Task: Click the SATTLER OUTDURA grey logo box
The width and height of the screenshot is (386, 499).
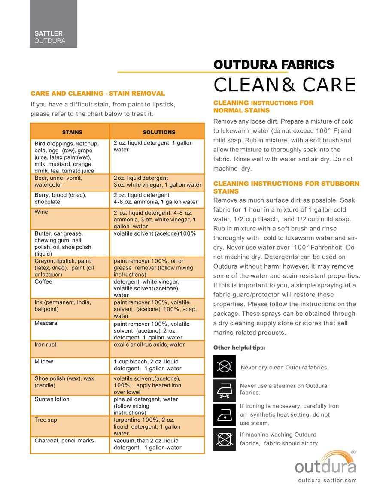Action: tap(53, 24)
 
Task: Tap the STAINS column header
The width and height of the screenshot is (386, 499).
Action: tap(70, 132)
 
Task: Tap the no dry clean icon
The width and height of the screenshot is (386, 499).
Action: tap(224, 366)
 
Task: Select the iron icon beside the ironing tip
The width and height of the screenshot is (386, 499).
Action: tap(224, 415)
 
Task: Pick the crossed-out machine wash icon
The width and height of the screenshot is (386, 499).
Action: tap(224, 439)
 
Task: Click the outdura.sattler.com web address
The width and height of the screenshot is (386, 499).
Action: tap(327, 481)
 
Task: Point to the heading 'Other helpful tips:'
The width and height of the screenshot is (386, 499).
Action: tap(239, 347)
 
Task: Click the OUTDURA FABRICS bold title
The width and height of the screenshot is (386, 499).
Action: tap(274, 65)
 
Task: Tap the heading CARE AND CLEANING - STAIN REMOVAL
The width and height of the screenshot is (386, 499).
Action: tap(97, 93)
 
